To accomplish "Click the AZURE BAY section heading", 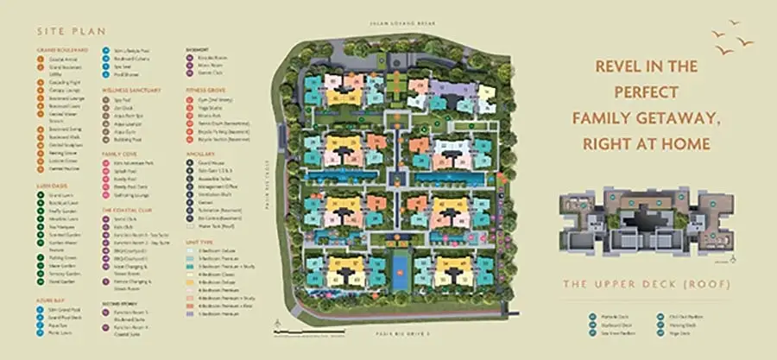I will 47,300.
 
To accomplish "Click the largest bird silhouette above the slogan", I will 742,41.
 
